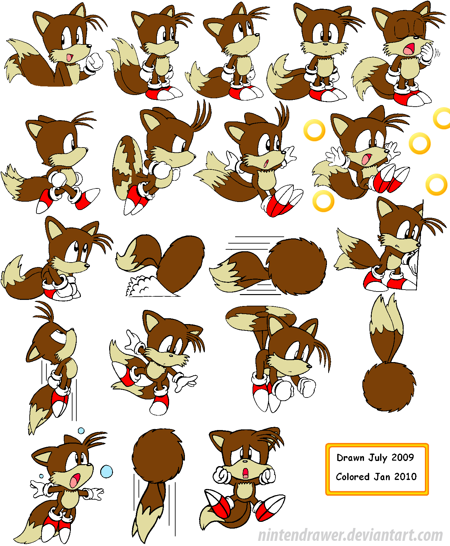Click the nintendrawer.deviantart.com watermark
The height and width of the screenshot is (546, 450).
pos(350,535)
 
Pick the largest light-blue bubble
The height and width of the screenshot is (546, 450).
pos(106,472)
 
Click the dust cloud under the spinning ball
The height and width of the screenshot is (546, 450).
pos(142,286)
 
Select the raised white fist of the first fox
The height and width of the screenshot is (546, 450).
pos(94,62)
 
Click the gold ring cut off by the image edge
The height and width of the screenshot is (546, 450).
pos(443,118)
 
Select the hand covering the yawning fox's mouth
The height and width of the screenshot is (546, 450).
pos(426,52)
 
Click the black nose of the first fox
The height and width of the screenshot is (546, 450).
pos(89,46)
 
